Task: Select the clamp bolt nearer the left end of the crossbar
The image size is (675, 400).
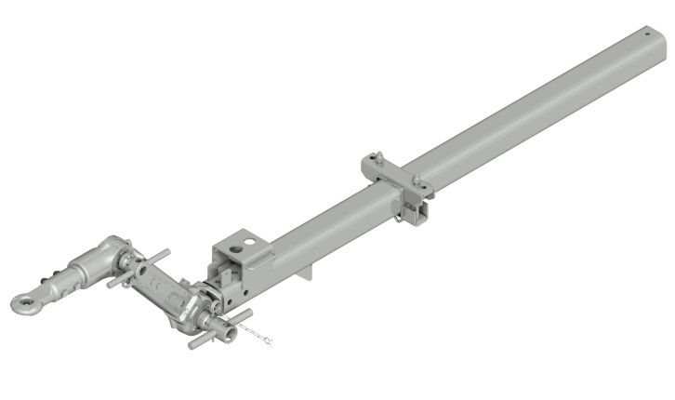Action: coord(379,158)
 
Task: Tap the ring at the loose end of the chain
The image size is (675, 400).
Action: coord(271,342)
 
